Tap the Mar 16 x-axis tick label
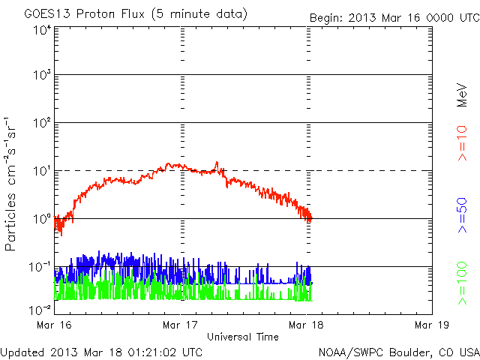click(54, 325)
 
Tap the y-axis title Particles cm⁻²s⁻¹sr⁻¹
click(13, 184)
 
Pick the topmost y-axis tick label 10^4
click(40, 30)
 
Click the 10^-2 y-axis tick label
click(39, 309)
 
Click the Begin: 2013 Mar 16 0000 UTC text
click(394, 17)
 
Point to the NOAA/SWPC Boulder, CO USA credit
click(398, 352)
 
